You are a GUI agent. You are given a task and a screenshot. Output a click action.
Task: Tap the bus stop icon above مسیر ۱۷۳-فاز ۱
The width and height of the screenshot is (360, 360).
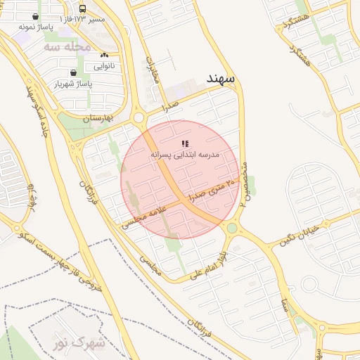[83, 9]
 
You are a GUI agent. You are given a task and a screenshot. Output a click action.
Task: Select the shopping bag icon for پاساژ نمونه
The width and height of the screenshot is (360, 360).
[35, 15]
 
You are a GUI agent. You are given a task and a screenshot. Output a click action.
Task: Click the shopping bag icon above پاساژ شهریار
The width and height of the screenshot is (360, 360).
[74, 72]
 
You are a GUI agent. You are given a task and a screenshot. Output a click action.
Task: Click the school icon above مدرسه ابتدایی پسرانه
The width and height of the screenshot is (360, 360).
[185, 143]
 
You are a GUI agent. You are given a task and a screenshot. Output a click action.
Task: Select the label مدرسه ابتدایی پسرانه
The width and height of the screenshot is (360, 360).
[185, 154]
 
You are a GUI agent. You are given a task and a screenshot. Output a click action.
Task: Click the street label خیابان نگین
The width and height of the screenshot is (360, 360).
[304, 231]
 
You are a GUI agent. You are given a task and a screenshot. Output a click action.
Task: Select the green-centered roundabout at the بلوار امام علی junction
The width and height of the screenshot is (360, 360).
[231, 228]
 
